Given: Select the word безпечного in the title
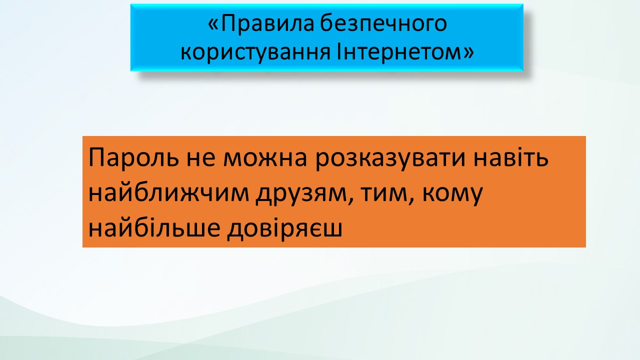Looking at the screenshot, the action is pos(383,23).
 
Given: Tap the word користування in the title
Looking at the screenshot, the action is pos(255,53).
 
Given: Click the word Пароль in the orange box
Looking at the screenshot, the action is pos(133,157).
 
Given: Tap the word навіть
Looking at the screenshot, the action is pos(511,157).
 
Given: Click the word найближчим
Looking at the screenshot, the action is pos(169,193).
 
